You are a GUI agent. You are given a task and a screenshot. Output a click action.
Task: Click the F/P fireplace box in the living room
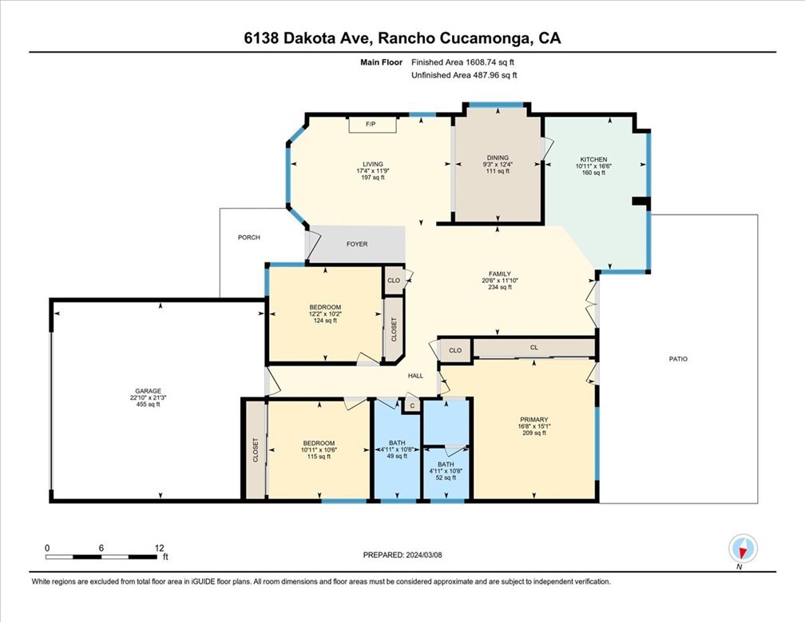coord(373,125)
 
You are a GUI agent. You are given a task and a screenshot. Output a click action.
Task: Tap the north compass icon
coord(743,549)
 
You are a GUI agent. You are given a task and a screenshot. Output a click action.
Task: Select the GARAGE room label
coord(148,391)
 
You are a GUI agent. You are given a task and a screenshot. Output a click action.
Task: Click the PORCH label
coord(249,237)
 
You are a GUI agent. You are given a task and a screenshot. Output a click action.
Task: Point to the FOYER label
coord(357,244)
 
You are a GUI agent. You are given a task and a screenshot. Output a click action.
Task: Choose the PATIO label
coord(678,359)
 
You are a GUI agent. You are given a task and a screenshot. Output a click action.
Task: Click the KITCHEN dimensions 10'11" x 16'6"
coord(593,166)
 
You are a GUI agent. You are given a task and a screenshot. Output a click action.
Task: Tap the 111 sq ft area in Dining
coord(498,171)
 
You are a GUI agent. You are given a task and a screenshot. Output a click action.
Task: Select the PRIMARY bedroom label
coord(534,420)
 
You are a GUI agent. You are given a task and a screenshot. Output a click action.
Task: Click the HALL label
coord(415,376)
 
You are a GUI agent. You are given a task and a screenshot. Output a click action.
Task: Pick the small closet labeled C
coord(412,405)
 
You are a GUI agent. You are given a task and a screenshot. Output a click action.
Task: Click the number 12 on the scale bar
coord(159,548)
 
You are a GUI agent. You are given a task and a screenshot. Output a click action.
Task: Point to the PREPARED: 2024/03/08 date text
coord(402,555)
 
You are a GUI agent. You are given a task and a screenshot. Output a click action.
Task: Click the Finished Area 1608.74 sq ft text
coord(462,62)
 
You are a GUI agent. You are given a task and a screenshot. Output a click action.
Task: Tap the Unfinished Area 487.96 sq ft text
coord(464,75)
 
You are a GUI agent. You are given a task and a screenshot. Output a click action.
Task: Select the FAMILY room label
coord(500,274)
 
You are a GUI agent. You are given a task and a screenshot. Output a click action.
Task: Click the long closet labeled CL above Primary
coord(534,348)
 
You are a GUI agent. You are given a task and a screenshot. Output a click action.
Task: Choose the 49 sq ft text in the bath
coord(397,456)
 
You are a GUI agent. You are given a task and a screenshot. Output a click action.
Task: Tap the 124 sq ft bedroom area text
coord(325,321)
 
